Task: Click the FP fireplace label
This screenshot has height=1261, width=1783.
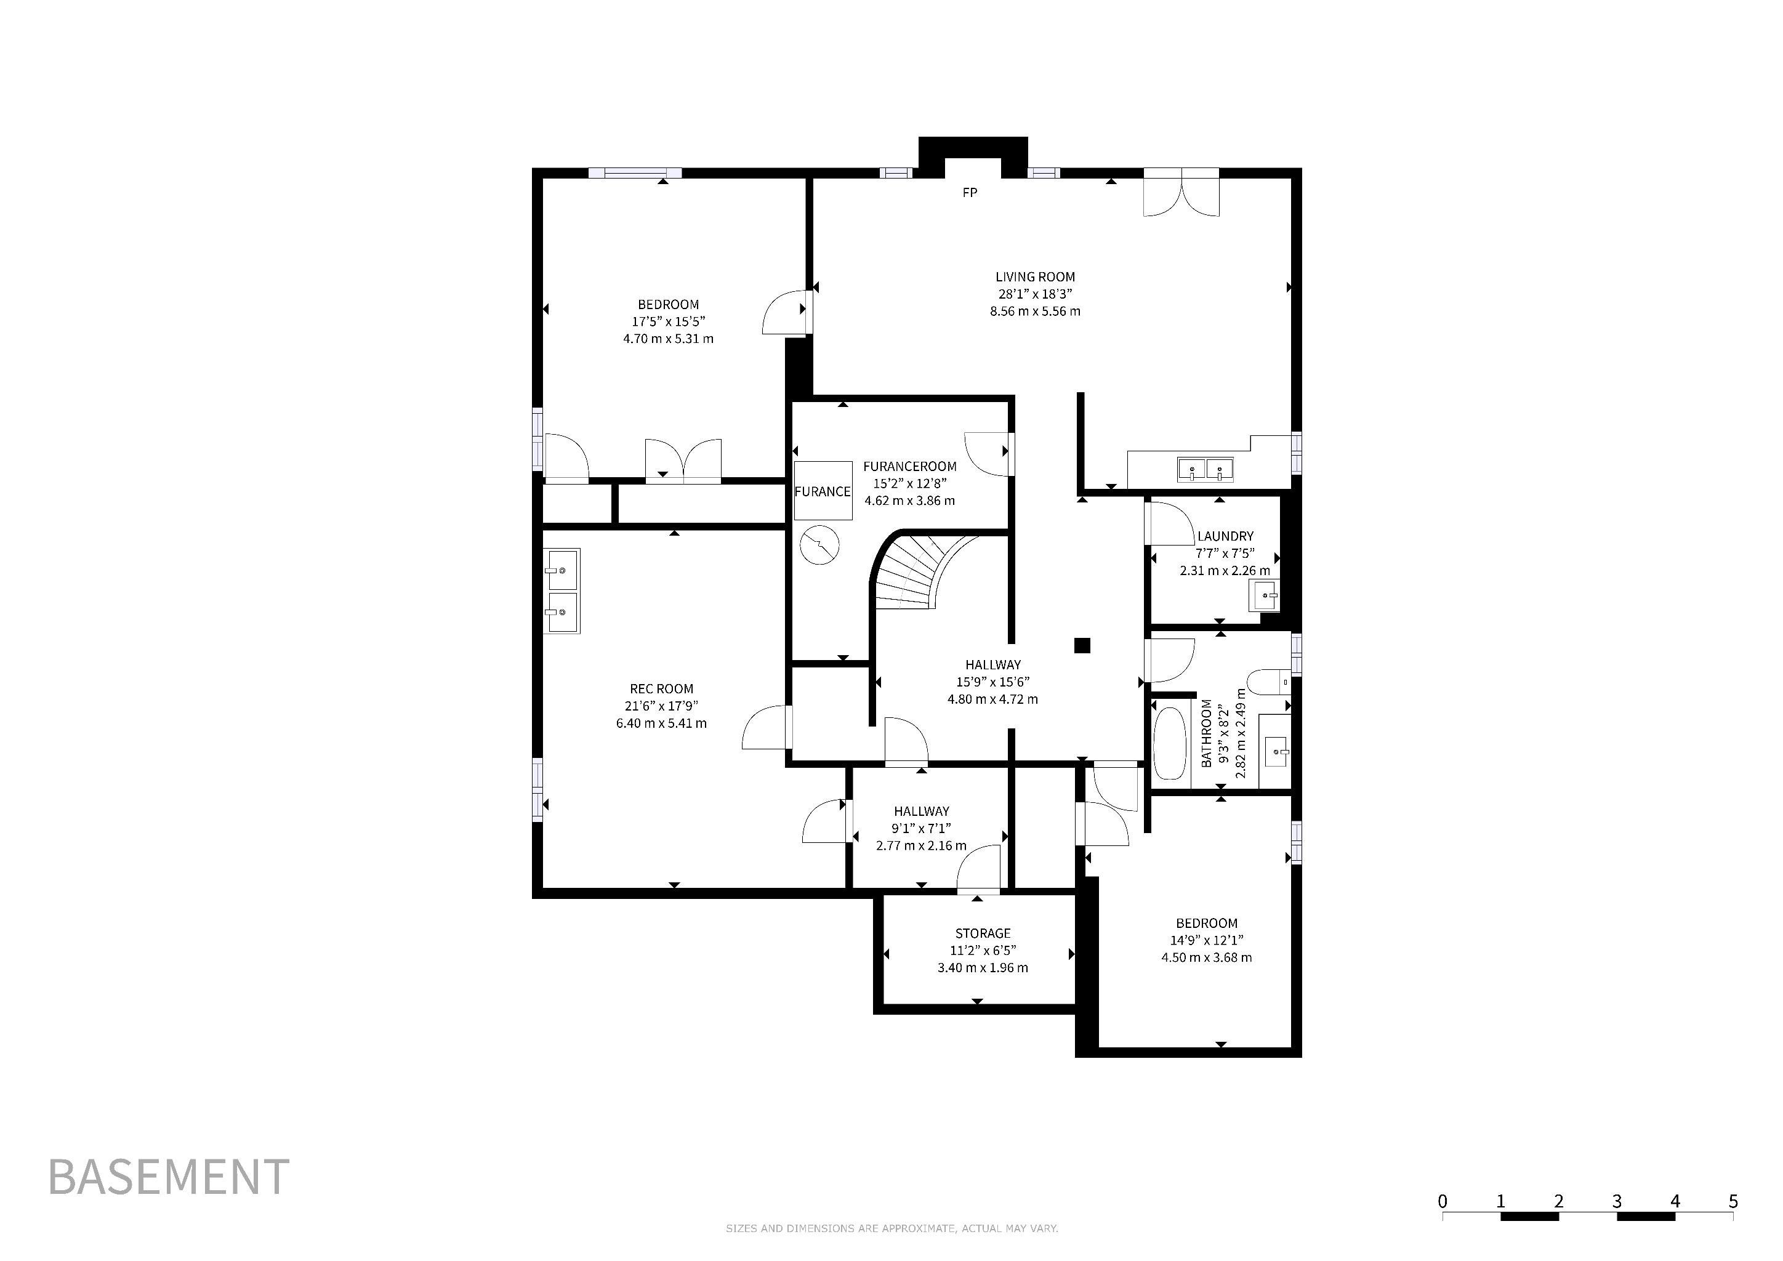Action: click(x=969, y=193)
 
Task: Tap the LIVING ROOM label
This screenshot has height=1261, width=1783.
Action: click(x=1035, y=276)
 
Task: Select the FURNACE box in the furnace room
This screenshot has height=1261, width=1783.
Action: click(x=823, y=491)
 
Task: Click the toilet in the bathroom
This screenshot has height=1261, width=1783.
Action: click(x=1271, y=681)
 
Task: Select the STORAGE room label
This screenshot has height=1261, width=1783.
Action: click(x=983, y=933)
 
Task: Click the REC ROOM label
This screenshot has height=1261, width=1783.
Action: click(x=662, y=689)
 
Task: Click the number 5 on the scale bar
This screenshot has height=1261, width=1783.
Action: click(x=1733, y=1201)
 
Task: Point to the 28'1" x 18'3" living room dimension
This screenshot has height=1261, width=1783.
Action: click(x=1035, y=294)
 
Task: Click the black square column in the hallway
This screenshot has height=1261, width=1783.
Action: click(x=1082, y=645)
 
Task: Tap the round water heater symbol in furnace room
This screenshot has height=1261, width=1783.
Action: click(x=820, y=545)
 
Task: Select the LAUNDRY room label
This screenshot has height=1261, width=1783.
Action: click(x=1225, y=536)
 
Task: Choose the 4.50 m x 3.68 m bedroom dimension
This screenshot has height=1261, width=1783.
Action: click(x=1207, y=957)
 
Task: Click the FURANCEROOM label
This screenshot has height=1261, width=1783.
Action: click(x=910, y=466)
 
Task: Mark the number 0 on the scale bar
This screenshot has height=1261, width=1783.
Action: click(x=1443, y=1201)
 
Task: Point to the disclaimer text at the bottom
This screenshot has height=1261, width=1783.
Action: click(x=891, y=1228)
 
